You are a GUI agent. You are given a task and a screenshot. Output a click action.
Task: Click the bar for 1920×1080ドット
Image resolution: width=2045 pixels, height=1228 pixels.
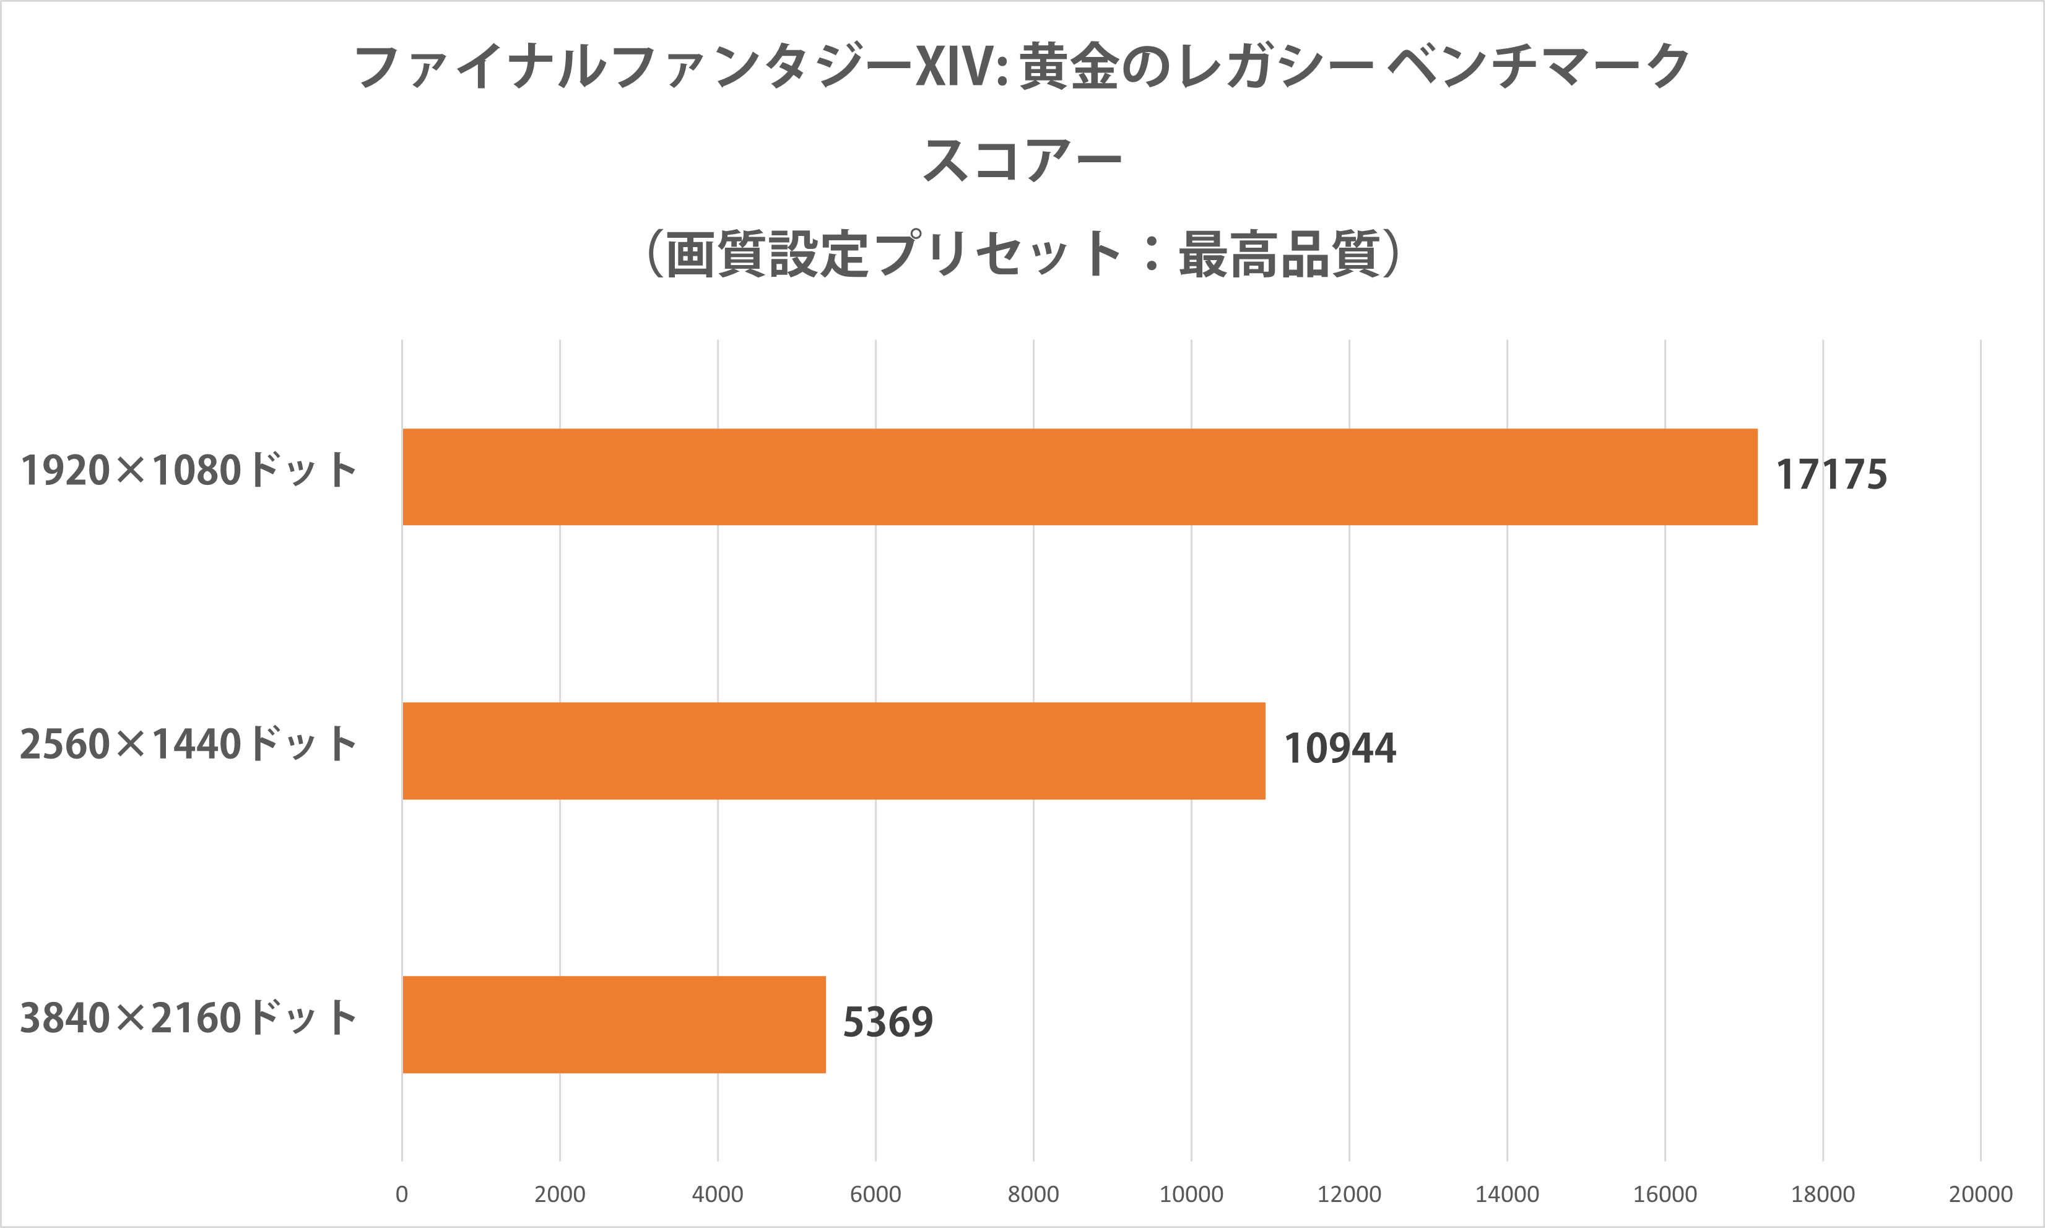tap(1080, 477)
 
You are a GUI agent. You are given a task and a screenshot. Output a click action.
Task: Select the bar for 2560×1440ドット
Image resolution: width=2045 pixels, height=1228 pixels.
tap(834, 751)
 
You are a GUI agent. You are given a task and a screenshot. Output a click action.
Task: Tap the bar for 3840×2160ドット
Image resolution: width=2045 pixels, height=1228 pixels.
tap(614, 1024)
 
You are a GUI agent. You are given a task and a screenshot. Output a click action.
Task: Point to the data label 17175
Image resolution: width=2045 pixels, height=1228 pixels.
tap(1831, 475)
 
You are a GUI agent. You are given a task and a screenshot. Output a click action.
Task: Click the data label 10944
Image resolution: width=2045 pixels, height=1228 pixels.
tap(1339, 749)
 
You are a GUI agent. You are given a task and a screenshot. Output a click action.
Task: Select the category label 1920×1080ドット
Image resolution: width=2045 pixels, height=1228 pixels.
tap(189, 471)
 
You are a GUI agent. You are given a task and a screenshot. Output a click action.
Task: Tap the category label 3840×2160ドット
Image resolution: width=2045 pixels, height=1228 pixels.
tap(189, 1019)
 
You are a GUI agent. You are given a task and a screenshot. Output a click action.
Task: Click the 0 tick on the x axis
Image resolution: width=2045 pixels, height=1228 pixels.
tap(402, 1194)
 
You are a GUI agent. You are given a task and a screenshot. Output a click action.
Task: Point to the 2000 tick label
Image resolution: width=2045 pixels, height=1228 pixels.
tap(560, 1194)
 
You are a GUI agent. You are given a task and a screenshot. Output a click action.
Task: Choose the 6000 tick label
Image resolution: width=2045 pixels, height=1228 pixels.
tap(875, 1194)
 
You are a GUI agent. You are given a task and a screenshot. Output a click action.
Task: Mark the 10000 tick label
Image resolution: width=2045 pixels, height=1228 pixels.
tap(1191, 1194)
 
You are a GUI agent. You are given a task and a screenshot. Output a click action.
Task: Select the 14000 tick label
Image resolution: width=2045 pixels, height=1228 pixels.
tap(1507, 1194)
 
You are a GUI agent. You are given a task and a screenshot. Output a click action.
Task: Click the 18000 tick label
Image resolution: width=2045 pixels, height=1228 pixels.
tap(1823, 1194)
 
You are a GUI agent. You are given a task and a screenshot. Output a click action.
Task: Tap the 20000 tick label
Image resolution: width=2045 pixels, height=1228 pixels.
tap(1981, 1194)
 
